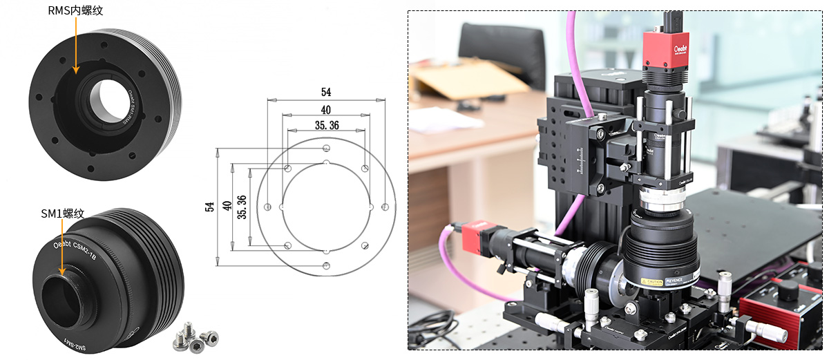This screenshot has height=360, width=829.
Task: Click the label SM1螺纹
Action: coord(63,214)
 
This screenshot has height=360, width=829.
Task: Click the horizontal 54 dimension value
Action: coord(326,92)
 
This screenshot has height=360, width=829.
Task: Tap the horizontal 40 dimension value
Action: coord(326,110)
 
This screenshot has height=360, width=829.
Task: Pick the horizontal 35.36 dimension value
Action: coord(326,125)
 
